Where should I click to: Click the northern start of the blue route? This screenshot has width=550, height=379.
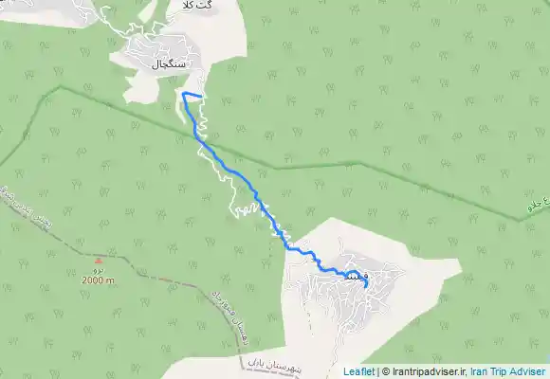183,94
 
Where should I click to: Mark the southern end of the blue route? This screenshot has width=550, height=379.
366,287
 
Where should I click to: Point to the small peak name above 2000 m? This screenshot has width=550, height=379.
99,269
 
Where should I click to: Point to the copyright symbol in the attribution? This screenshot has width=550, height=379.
385,372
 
